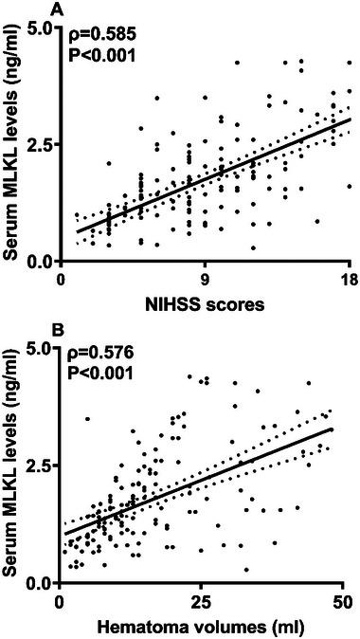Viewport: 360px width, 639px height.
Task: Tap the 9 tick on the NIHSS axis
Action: point(206,280)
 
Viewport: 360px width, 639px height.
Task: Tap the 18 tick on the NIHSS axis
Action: point(350,280)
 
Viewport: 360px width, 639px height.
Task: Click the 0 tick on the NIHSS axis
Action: point(61,280)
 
